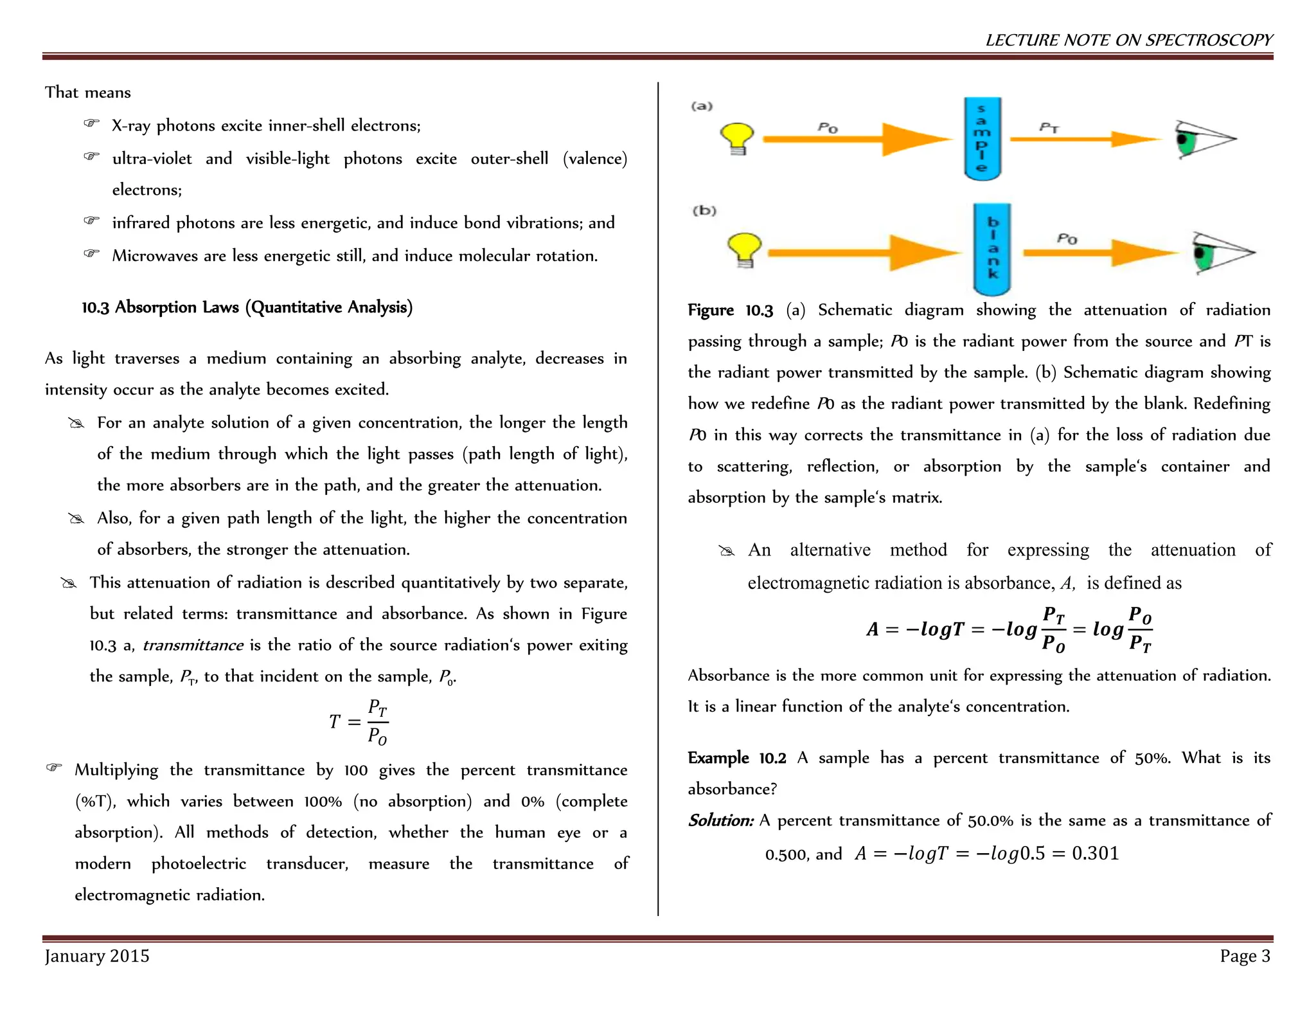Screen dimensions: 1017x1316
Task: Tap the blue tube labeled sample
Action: click(x=982, y=138)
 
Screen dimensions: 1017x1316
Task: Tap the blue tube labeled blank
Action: click(x=992, y=249)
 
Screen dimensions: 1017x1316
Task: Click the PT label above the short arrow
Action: click(x=1049, y=127)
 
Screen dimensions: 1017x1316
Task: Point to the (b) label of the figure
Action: click(x=704, y=210)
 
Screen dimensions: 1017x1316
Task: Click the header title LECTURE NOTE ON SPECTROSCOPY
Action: click(x=1128, y=40)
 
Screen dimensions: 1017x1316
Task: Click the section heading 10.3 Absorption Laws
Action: click(x=247, y=307)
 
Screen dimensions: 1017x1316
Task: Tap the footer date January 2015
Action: click(x=97, y=956)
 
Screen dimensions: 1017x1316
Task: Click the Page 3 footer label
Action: click(x=1245, y=956)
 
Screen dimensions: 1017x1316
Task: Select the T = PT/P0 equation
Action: click(x=359, y=723)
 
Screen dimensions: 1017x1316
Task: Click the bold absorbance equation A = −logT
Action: click(x=1009, y=629)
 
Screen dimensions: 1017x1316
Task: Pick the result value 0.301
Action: click(x=1096, y=853)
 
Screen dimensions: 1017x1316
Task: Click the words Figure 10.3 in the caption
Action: click(x=730, y=310)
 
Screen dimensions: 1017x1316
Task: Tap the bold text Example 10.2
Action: click(x=736, y=758)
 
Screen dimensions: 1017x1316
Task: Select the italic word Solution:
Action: click(x=720, y=820)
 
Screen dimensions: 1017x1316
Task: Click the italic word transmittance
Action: click(x=193, y=645)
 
